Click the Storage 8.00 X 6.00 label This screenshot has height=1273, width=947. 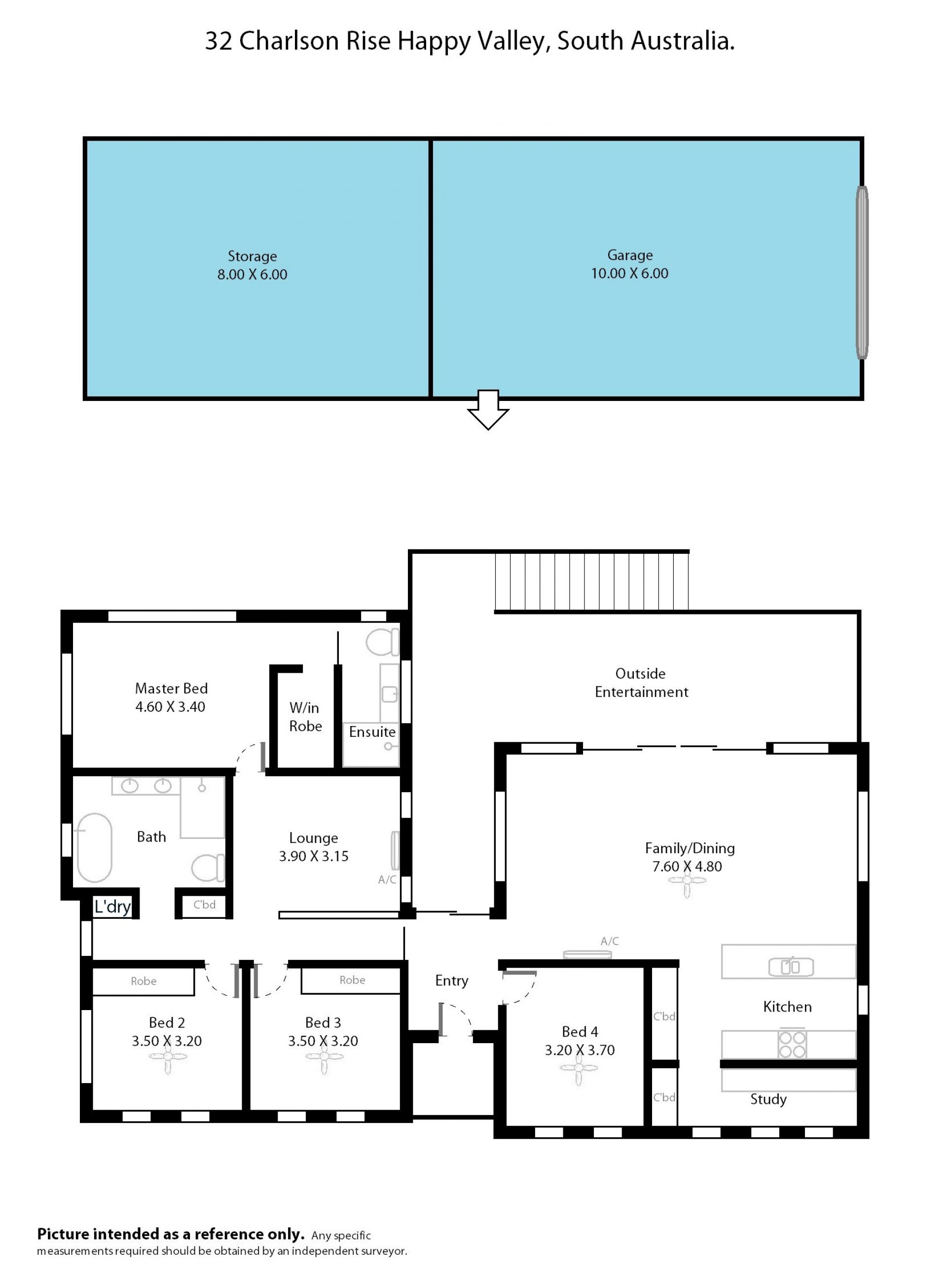pos(252,265)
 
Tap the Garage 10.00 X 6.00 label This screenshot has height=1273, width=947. pos(629,264)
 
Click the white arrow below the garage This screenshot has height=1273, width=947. pos(488,409)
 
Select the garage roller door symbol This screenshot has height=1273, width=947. pos(862,272)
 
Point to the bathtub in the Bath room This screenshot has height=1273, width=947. pos(95,848)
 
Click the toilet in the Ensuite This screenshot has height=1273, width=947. pos(382,642)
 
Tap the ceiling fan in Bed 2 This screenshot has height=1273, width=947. pos(167,1056)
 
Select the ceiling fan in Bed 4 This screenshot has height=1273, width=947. pos(579,1067)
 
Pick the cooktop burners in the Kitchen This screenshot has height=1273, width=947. pos(792,1044)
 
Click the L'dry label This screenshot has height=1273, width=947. pos(113,907)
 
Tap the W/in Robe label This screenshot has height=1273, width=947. pos(305,717)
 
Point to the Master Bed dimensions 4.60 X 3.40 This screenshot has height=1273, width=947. pos(170,707)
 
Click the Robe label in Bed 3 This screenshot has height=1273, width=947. pos(352,980)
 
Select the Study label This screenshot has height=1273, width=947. pos(768,1099)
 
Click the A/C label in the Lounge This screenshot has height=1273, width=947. pos(387,879)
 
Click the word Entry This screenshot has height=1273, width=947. pos(452,981)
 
